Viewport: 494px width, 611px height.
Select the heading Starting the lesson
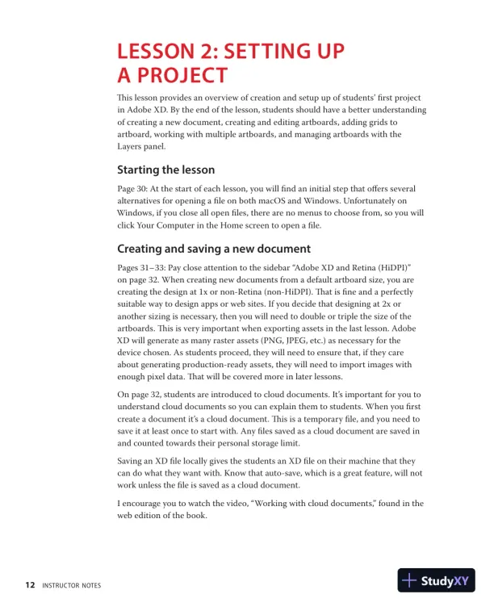165,169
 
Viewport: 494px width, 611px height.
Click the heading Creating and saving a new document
214,249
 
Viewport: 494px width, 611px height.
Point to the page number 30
149,188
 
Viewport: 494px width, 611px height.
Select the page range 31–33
156,266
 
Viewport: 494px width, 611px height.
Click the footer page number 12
29,584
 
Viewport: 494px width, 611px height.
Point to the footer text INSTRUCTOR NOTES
72,584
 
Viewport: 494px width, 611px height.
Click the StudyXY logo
436,580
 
